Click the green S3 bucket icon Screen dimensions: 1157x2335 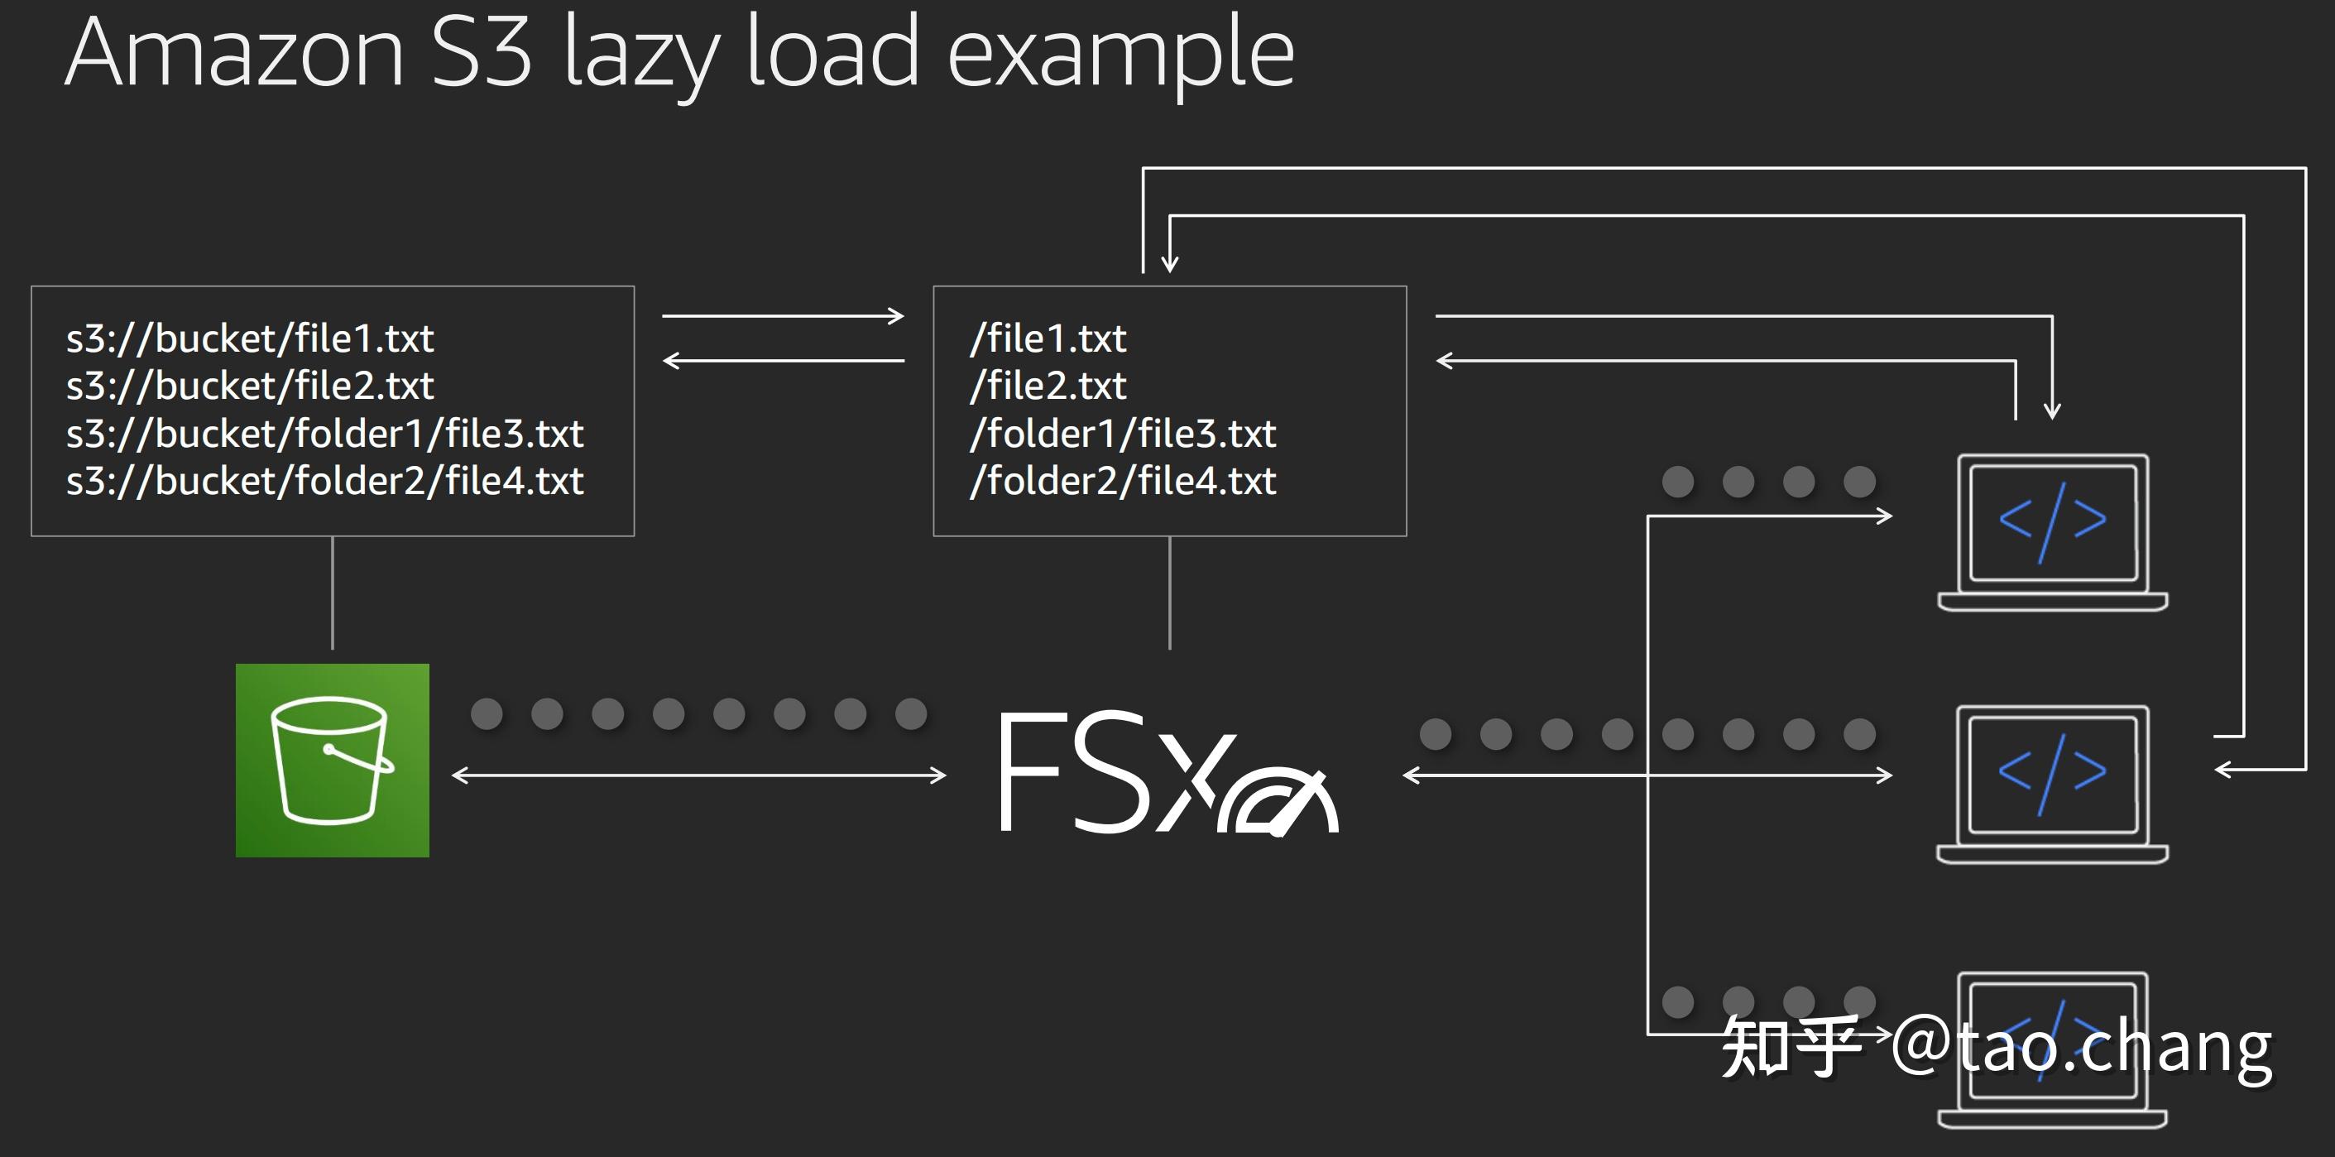tap(332, 760)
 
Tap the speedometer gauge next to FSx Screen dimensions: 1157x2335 tap(1278, 802)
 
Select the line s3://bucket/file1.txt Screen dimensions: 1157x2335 tap(249, 338)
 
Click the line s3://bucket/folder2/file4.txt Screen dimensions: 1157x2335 tap(324, 481)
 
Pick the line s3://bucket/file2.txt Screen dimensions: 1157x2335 tap(249, 386)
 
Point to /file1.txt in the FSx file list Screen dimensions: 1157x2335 tap(1048, 338)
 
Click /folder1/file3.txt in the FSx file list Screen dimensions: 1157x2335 tap(1122, 434)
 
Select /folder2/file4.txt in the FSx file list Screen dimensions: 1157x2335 tap(1122, 481)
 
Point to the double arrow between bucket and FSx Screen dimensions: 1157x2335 tap(698, 775)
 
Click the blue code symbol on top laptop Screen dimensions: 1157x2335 tap(2052, 521)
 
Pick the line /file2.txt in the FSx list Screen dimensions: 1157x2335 tap(1048, 386)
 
